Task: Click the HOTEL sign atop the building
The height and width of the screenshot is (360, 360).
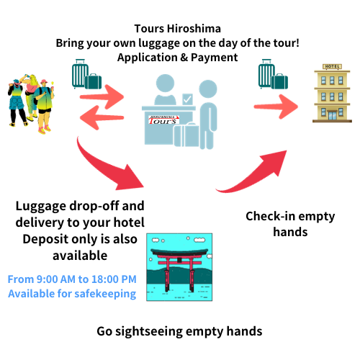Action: (333, 66)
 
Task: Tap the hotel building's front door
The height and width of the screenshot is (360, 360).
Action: (333, 116)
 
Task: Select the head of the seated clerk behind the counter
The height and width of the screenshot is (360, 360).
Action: (165, 84)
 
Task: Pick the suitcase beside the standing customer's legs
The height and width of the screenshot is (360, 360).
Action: (192, 135)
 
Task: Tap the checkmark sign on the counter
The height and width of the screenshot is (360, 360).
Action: (188, 99)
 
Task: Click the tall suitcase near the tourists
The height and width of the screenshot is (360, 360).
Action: (79, 73)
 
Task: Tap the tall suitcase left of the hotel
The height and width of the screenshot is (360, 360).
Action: (266, 73)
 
